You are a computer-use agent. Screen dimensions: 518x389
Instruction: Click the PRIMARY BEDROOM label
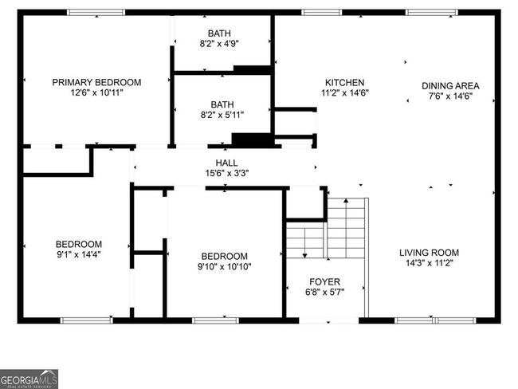click(x=96, y=82)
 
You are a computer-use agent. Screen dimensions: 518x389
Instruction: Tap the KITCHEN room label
click(x=344, y=83)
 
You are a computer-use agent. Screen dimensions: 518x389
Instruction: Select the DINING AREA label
click(x=450, y=86)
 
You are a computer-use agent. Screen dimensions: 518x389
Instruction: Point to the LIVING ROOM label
click(x=429, y=253)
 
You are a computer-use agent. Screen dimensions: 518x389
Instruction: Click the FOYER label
click(x=324, y=282)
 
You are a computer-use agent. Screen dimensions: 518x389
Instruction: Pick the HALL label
click(x=226, y=163)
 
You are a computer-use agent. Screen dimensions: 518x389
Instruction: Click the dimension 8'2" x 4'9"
click(x=219, y=44)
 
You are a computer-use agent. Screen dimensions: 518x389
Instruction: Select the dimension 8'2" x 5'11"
click(x=222, y=115)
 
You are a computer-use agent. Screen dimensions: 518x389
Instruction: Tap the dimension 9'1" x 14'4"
click(x=79, y=254)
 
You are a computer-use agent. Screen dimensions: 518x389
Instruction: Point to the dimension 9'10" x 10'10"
click(x=224, y=266)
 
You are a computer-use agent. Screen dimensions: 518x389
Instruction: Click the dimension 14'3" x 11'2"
click(x=429, y=263)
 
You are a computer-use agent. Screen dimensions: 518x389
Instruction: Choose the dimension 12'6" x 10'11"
click(x=96, y=92)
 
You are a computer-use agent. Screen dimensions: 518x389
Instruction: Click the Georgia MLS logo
click(x=29, y=379)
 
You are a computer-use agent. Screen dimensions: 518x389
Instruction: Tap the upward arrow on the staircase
click(x=346, y=228)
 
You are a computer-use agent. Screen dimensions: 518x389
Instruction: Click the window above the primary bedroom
click(x=96, y=13)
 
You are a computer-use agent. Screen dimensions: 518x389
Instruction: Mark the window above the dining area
click(x=432, y=13)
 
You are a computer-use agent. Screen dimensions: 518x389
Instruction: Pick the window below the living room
click(x=435, y=320)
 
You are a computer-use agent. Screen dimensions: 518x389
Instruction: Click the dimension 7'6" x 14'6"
click(x=450, y=96)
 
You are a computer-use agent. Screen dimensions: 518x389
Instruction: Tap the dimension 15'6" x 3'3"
click(x=226, y=173)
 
